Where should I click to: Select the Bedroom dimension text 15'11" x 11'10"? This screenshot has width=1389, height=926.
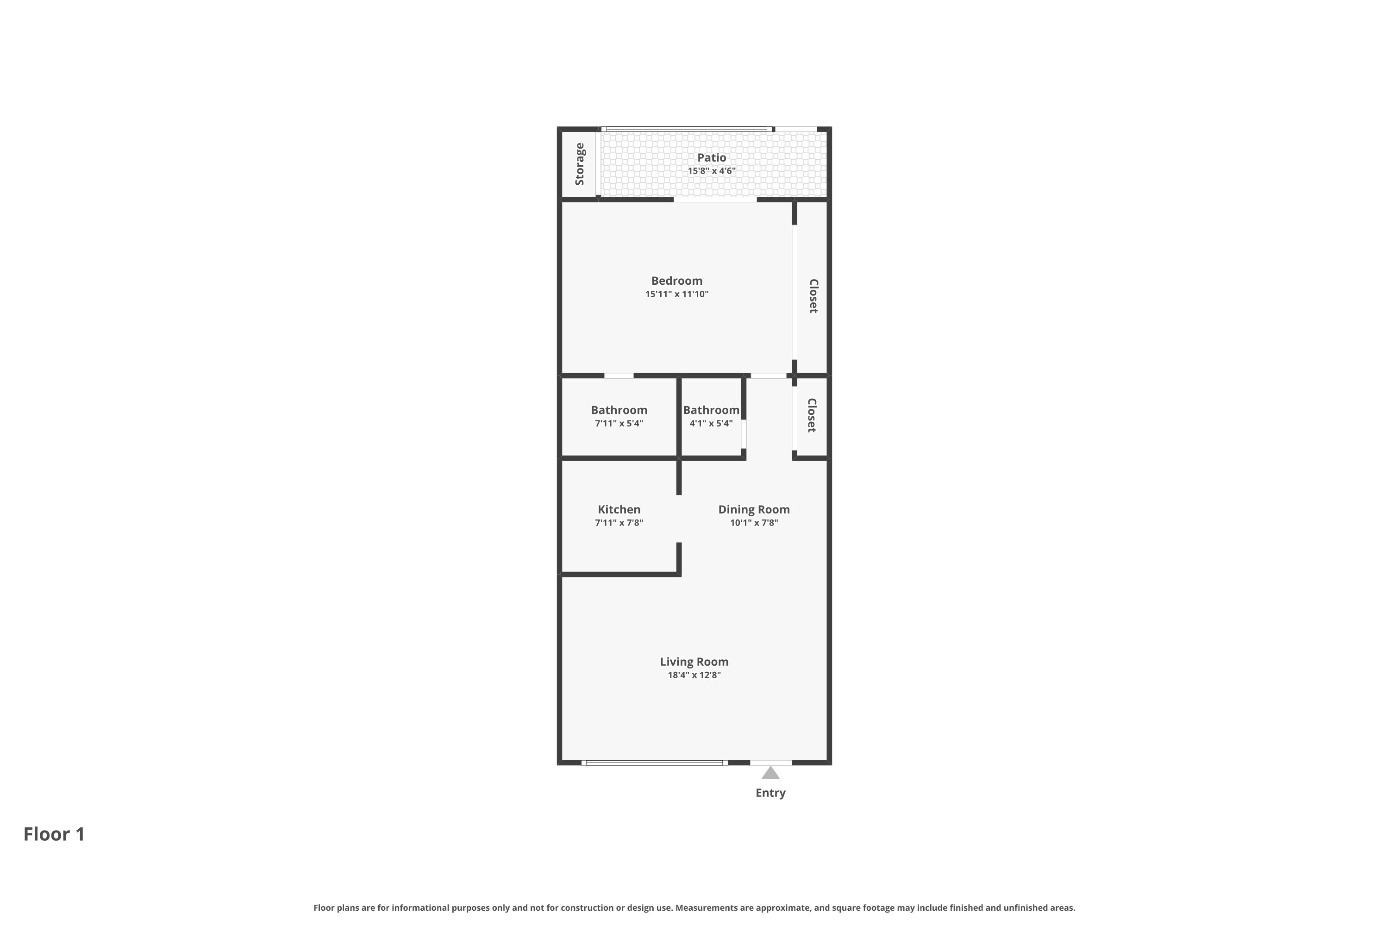click(x=677, y=294)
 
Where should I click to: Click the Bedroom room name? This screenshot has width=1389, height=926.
click(x=677, y=281)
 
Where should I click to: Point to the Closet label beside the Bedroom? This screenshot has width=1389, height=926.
click(x=813, y=296)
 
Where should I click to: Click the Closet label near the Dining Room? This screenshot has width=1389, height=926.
click(x=812, y=415)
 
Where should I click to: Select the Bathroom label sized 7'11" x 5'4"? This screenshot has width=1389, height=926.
click(x=619, y=410)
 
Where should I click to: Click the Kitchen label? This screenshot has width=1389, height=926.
click(x=619, y=509)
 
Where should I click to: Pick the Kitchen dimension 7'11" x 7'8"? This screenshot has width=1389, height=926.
click(x=619, y=523)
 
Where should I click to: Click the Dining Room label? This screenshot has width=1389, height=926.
click(x=754, y=509)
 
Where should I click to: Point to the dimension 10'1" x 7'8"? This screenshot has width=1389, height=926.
click(x=754, y=523)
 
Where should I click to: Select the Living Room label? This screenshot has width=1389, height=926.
click(x=694, y=662)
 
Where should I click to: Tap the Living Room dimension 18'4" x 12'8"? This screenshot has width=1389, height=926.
click(x=694, y=675)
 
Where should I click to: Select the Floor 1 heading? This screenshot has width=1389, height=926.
click(x=54, y=834)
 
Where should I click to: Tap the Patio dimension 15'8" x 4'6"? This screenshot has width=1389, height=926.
click(x=711, y=171)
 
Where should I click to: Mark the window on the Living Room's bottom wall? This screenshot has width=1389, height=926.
click(x=654, y=763)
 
